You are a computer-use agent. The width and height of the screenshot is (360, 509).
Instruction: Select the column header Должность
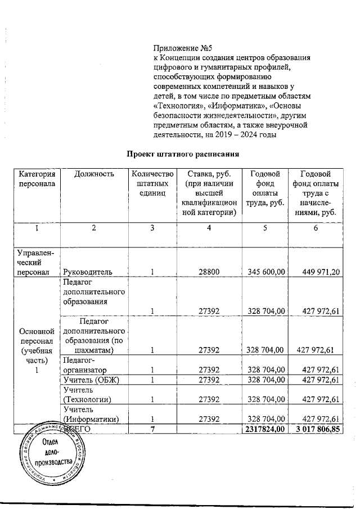[x=93, y=174]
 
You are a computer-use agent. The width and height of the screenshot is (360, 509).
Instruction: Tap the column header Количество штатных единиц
[x=151, y=183]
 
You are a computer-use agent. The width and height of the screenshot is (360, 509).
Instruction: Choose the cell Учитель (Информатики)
[x=91, y=413]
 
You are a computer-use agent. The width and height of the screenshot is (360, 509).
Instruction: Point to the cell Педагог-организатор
[x=84, y=365]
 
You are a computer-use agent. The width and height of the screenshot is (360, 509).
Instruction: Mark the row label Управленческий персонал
[x=36, y=262]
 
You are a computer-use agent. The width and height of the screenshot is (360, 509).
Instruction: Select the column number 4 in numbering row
[x=208, y=227]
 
